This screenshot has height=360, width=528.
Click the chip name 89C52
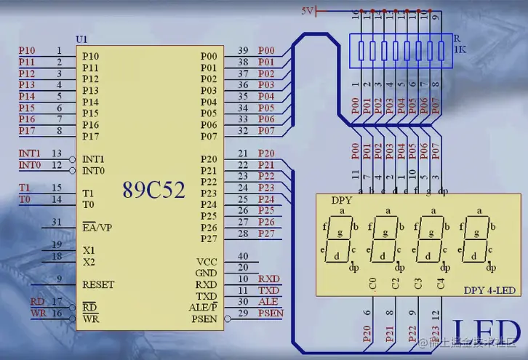click(x=153, y=191)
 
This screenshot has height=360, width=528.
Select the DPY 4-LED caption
click(x=489, y=290)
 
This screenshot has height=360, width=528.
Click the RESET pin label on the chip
click(x=97, y=284)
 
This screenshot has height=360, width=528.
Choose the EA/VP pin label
click(x=97, y=228)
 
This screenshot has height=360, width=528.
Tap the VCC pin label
click(x=207, y=262)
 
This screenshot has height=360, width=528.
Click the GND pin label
click(x=206, y=273)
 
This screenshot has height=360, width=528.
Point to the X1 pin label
click(x=88, y=249)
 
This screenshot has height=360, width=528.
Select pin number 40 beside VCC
click(x=243, y=257)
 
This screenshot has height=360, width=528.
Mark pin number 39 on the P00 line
click(x=243, y=51)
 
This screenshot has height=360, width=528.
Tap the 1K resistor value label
click(x=460, y=49)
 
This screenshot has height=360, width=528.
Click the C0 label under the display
click(x=373, y=284)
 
